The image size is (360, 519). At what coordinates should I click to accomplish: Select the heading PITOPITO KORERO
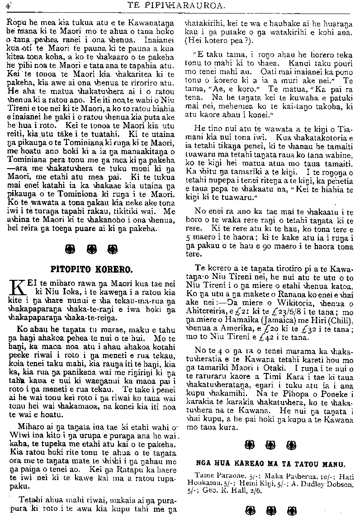click(95, 269)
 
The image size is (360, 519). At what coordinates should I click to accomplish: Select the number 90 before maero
click(269, 247)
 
